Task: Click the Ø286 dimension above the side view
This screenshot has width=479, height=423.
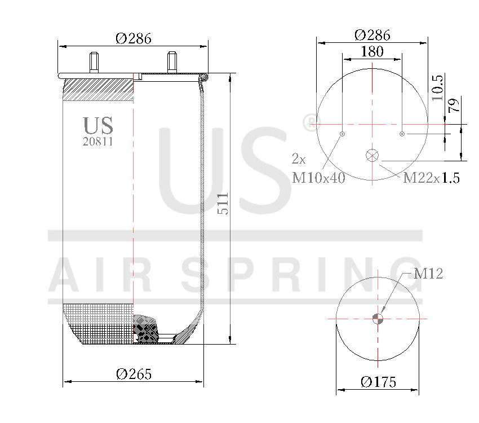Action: [x=134, y=38]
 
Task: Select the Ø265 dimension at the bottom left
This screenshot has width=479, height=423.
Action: [x=134, y=374]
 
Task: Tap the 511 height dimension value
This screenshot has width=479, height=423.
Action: [x=223, y=203]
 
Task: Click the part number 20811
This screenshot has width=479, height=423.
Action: [x=98, y=142]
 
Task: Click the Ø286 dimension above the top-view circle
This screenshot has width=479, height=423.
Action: [x=372, y=34]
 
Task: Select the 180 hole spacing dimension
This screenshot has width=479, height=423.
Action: [x=372, y=52]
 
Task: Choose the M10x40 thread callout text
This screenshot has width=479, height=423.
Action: [x=318, y=178]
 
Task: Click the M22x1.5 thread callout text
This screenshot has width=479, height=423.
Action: [x=431, y=178]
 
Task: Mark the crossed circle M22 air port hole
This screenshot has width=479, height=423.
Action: [x=372, y=156]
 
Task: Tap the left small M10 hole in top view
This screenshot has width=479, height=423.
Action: [x=343, y=134]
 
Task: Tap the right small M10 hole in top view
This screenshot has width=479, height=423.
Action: [x=402, y=134]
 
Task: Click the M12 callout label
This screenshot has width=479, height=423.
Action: [x=428, y=274]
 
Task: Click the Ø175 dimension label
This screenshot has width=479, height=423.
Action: [x=378, y=382]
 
